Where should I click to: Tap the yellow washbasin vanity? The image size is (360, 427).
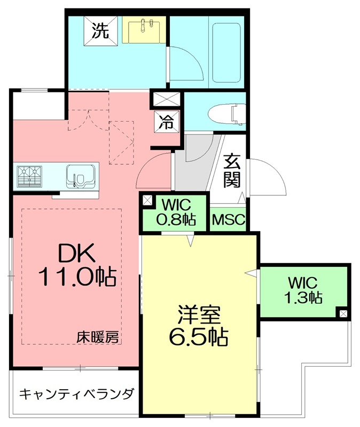click(144, 30)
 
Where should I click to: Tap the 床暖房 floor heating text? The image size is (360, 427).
click(97, 337)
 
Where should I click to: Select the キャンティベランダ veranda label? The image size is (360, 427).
click(76, 394)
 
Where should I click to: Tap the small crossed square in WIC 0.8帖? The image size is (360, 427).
click(147, 201)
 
